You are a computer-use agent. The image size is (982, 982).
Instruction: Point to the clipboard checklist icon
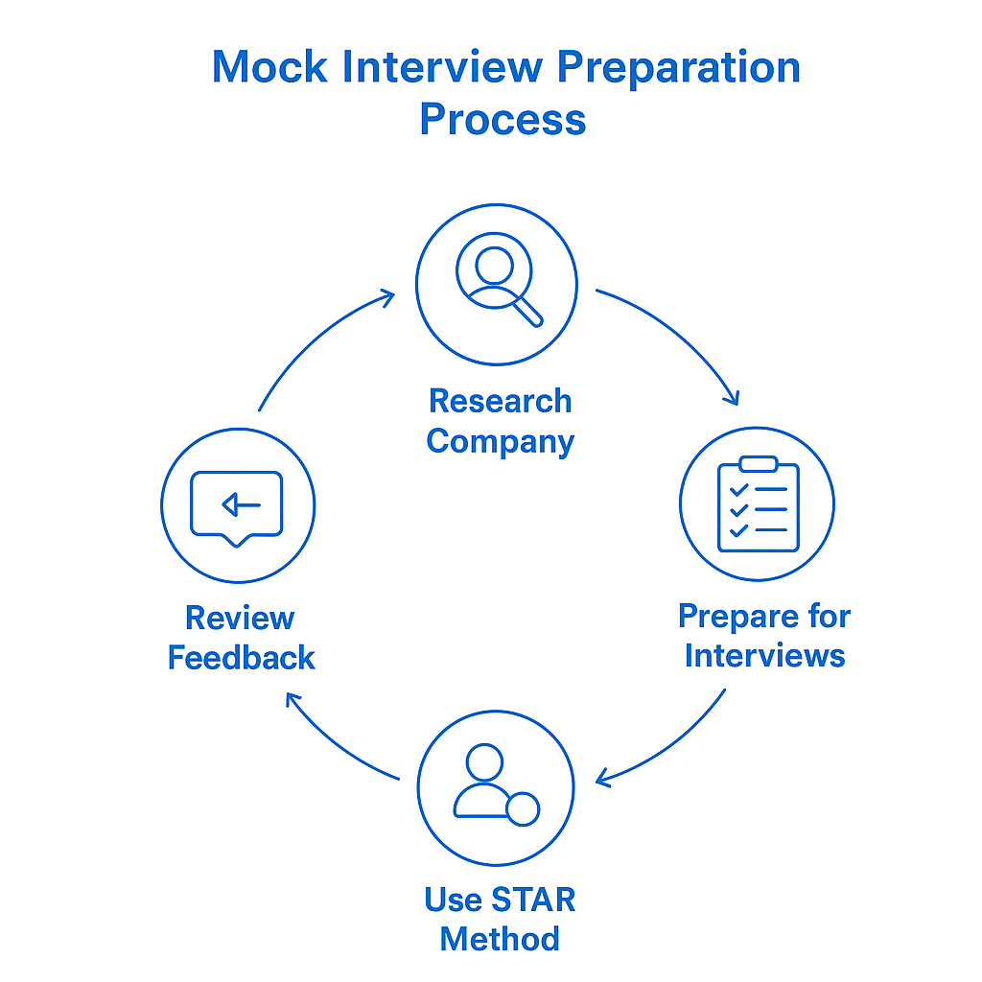click(x=758, y=505)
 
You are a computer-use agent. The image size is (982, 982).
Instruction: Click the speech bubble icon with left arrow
click(x=237, y=505)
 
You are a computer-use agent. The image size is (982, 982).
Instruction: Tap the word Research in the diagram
click(x=500, y=401)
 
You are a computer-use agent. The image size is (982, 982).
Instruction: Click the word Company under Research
click(x=500, y=442)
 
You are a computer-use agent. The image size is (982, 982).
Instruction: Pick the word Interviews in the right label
click(x=764, y=657)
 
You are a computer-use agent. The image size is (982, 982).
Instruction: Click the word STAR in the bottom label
click(x=533, y=900)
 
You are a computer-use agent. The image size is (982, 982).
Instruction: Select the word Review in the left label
click(x=240, y=619)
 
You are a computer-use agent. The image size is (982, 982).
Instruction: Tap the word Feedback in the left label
click(x=241, y=659)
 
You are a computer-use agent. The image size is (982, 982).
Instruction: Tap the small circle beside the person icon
click(x=523, y=809)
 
